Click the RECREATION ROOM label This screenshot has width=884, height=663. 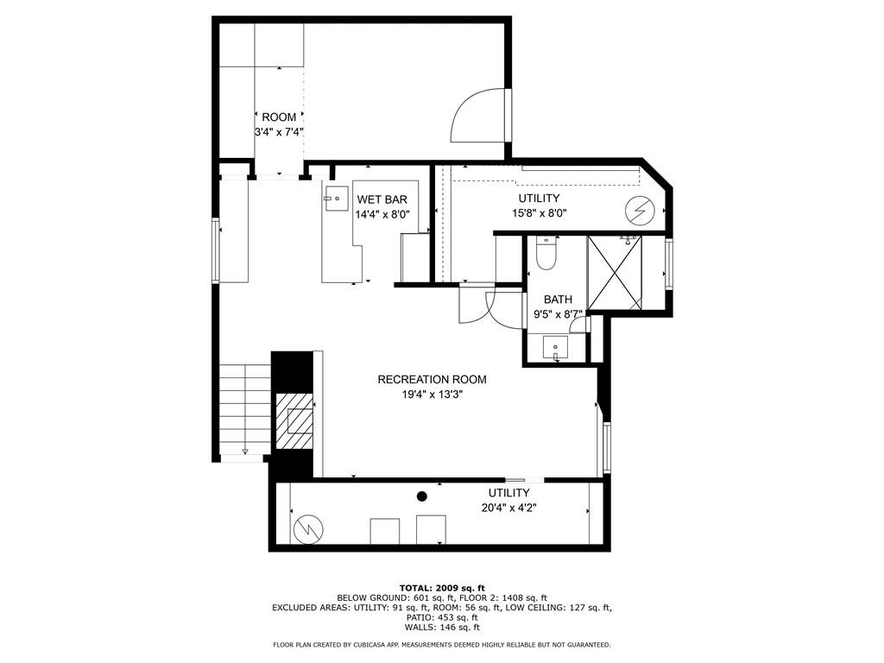click(432, 379)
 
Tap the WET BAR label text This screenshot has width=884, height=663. click(382, 199)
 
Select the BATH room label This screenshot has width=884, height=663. click(558, 300)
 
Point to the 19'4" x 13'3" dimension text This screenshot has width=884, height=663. click(432, 395)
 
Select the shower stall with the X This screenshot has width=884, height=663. click(616, 272)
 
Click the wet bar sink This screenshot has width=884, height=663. click(333, 198)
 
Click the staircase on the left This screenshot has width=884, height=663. click(244, 408)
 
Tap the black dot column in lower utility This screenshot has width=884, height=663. click(422, 496)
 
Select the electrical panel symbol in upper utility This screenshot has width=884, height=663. click(641, 210)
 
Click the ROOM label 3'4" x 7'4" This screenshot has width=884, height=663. click(279, 124)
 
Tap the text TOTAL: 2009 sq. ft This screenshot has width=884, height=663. click(441, 588)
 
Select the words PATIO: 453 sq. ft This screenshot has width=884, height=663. click(441, 617)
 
